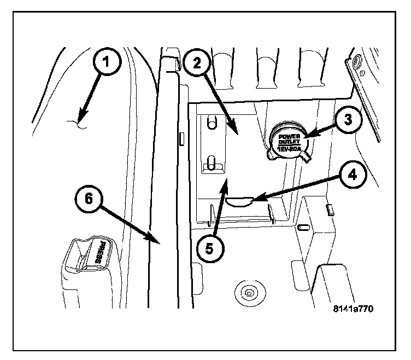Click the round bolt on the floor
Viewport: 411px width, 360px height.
[x=249, y=293]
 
